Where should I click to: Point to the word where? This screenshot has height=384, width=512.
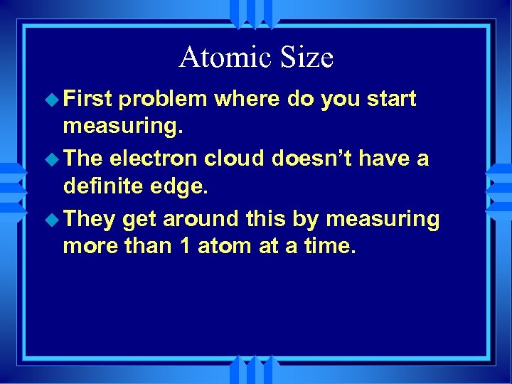tap(248, 99)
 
